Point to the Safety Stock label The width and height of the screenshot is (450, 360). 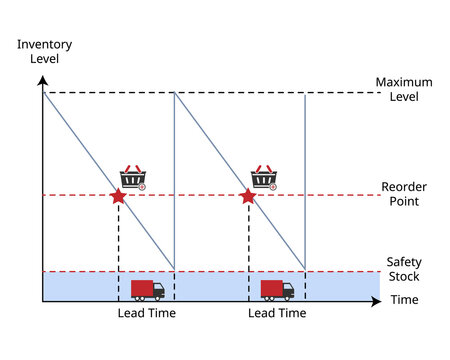click(404, 269)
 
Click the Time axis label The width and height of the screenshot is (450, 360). click(403, 300)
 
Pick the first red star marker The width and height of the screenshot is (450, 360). click(118, 196)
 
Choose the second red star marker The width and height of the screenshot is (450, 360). click(248, 196)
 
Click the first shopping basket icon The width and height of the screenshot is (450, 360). click(133, 177)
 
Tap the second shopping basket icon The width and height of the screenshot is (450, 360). click(263, 177)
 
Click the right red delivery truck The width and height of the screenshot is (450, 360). click(277, 290)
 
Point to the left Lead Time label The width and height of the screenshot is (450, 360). click(147, 313)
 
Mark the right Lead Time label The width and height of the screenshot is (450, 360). click(277, 313)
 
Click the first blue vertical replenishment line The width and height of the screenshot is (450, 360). click(175, 180)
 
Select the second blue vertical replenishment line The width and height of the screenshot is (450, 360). click(305, 180)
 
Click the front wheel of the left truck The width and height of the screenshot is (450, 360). click(158, 297)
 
